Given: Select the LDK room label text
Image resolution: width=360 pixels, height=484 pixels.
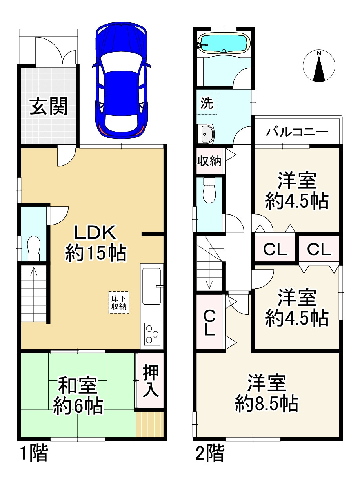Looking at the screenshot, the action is (95, 233).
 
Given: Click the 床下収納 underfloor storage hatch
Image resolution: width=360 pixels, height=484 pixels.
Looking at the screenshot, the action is (119, 302).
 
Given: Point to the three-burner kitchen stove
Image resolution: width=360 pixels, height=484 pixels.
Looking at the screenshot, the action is (152, 334).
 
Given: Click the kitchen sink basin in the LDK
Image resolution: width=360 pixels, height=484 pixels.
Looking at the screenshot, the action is (151, 286).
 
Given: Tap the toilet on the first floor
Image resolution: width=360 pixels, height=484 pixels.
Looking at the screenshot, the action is (34, 248).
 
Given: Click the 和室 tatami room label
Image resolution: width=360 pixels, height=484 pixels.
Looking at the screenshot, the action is (77, 385).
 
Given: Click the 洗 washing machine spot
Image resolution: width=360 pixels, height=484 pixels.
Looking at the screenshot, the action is (207, 103).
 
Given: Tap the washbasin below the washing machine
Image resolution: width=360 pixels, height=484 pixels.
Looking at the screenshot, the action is (205, 134).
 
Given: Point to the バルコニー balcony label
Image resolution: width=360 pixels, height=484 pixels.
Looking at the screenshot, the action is (297, 132).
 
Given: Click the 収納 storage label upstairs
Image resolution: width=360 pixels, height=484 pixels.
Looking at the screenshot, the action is (209, 161).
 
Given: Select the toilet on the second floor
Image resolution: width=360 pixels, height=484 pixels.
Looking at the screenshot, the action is (209, 190).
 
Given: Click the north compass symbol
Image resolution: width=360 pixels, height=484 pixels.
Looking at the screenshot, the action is (319, 66).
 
